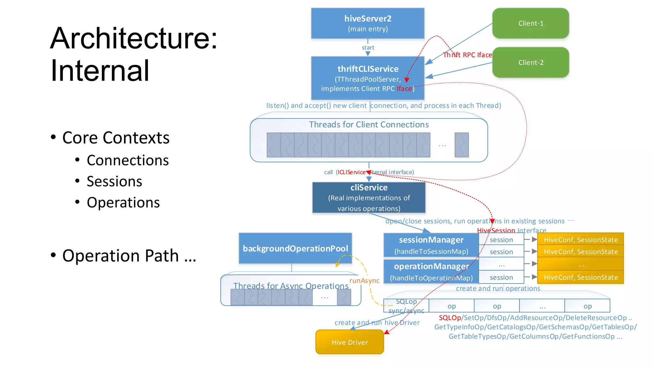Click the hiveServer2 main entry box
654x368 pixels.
(x=368, y=23)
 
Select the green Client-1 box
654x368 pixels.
(x=530, y=23)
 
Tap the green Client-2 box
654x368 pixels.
(x=530, y=63)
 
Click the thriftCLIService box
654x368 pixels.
(x=368, y=78)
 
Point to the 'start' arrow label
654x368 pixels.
(x=368, y=48)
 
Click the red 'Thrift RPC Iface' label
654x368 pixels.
(x=468, y=55)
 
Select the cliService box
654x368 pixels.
(x=369, y=197)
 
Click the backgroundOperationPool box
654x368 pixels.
(x=295, y=248)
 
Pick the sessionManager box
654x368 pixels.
(x=431, y=245)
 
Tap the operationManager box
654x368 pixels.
(x=431, y=272)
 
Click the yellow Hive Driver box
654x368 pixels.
(x=350, y=342)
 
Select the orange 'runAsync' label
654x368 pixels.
(x=364, y=280)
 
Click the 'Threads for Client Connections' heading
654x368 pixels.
(x=369, y=125)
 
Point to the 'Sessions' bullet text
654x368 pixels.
(x=114, y=181)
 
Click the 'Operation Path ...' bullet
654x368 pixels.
(x=129, y=256)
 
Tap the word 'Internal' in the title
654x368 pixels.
(x=100, y=71)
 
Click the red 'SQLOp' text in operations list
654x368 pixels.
(x=450, y=318)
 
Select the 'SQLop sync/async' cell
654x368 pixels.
(x=406, y=306)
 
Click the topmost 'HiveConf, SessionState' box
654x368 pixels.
(x=580, y=240)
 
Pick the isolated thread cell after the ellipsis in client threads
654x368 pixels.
(x=461, y=145)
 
